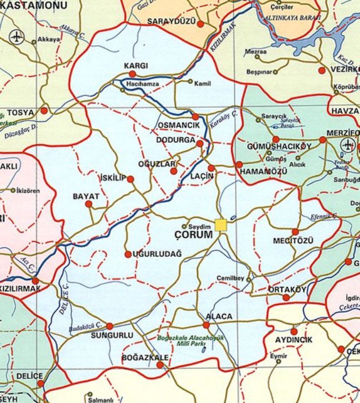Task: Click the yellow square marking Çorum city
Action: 221,225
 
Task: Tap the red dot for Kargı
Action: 132,73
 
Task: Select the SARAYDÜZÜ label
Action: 172,22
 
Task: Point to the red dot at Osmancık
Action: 196,117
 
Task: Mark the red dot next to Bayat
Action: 88,204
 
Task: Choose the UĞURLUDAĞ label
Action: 157,254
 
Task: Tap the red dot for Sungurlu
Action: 109,326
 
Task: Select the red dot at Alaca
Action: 206,325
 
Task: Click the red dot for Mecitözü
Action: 295,232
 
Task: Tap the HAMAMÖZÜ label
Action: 263,172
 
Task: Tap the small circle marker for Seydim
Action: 185,226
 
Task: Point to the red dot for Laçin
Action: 211,168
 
